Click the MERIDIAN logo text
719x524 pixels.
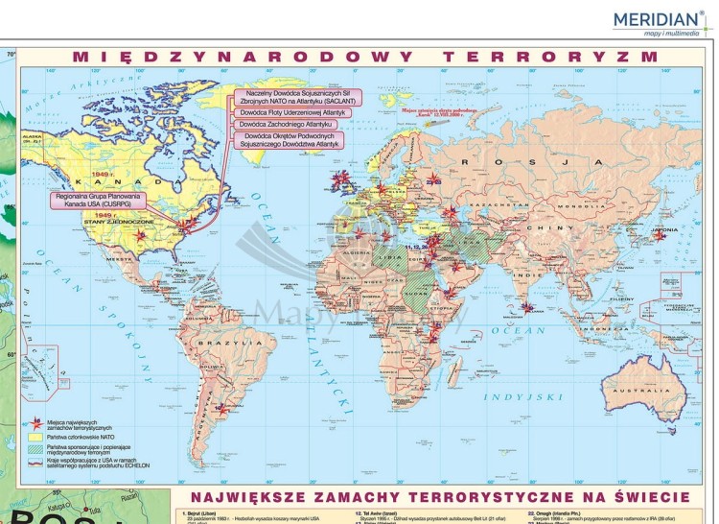pos(657,19)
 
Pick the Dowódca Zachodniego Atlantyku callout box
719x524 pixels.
pos(286,125)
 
